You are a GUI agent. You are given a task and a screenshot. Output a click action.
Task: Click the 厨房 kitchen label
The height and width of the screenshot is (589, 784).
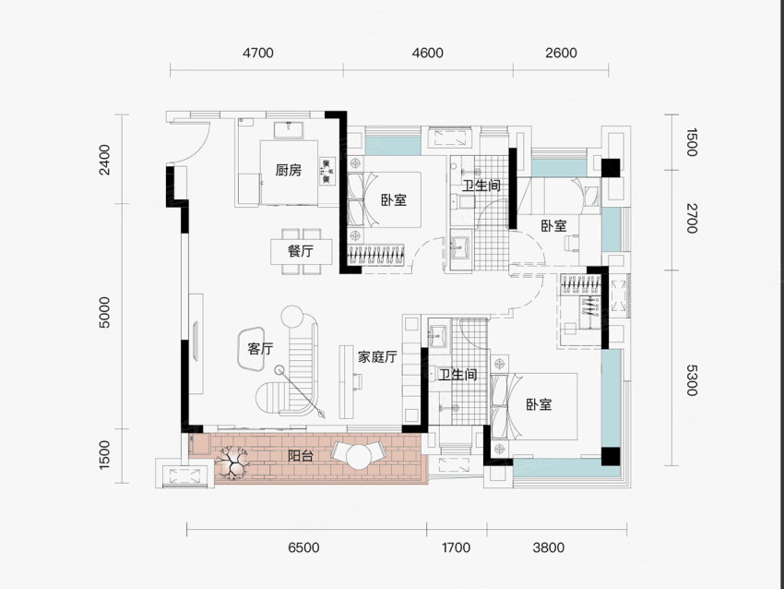[289, 170]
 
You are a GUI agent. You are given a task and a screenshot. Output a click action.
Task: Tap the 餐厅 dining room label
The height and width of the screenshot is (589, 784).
[301, 251]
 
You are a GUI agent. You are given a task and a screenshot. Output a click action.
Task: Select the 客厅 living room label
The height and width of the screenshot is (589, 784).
[260, 348]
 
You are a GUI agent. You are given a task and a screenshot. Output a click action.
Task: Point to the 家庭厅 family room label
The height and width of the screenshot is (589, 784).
[377, 356]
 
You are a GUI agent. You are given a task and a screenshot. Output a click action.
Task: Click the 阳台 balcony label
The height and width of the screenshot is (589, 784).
[301, 456]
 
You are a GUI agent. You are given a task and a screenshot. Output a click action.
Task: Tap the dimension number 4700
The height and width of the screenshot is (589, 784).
[258, 53]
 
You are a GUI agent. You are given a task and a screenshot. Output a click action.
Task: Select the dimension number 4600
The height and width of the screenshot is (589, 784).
[427, 53]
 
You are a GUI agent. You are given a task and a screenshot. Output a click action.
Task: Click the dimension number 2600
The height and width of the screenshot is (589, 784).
[561, 53]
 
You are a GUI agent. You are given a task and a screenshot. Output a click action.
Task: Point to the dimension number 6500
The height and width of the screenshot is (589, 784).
[303, 547]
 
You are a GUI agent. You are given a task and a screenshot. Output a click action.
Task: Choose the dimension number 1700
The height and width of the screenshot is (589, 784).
[456, 547]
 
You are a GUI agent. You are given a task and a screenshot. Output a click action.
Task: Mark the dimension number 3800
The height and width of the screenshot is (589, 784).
[549, 547]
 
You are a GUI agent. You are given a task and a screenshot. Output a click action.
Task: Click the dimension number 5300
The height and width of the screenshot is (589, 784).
[691, 379]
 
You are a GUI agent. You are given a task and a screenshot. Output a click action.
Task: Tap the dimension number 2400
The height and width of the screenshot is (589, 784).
[104, 160]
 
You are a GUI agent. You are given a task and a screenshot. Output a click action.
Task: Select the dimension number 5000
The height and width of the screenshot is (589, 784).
[104, 312]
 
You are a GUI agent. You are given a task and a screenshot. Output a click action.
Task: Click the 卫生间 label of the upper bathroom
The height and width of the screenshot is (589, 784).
[481, 186]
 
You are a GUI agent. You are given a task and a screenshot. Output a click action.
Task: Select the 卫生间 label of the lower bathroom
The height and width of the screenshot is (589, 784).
[457, 374]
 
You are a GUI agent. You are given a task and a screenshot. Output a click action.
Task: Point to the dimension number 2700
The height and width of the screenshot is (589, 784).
[691, 219]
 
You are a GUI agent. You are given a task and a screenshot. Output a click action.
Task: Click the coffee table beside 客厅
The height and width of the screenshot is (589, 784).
[252, 349]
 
